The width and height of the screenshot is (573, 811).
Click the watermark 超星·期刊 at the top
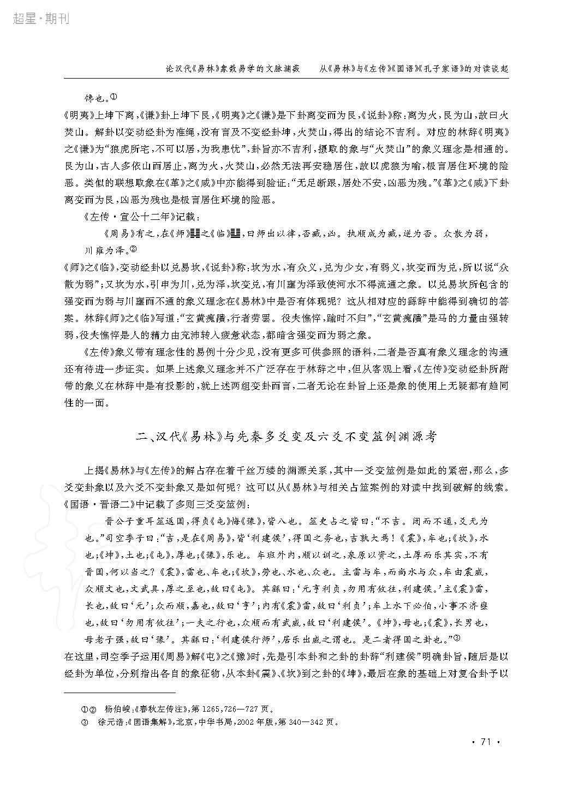pos(40,19)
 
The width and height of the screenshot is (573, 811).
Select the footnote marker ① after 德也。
pos(114,97)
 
